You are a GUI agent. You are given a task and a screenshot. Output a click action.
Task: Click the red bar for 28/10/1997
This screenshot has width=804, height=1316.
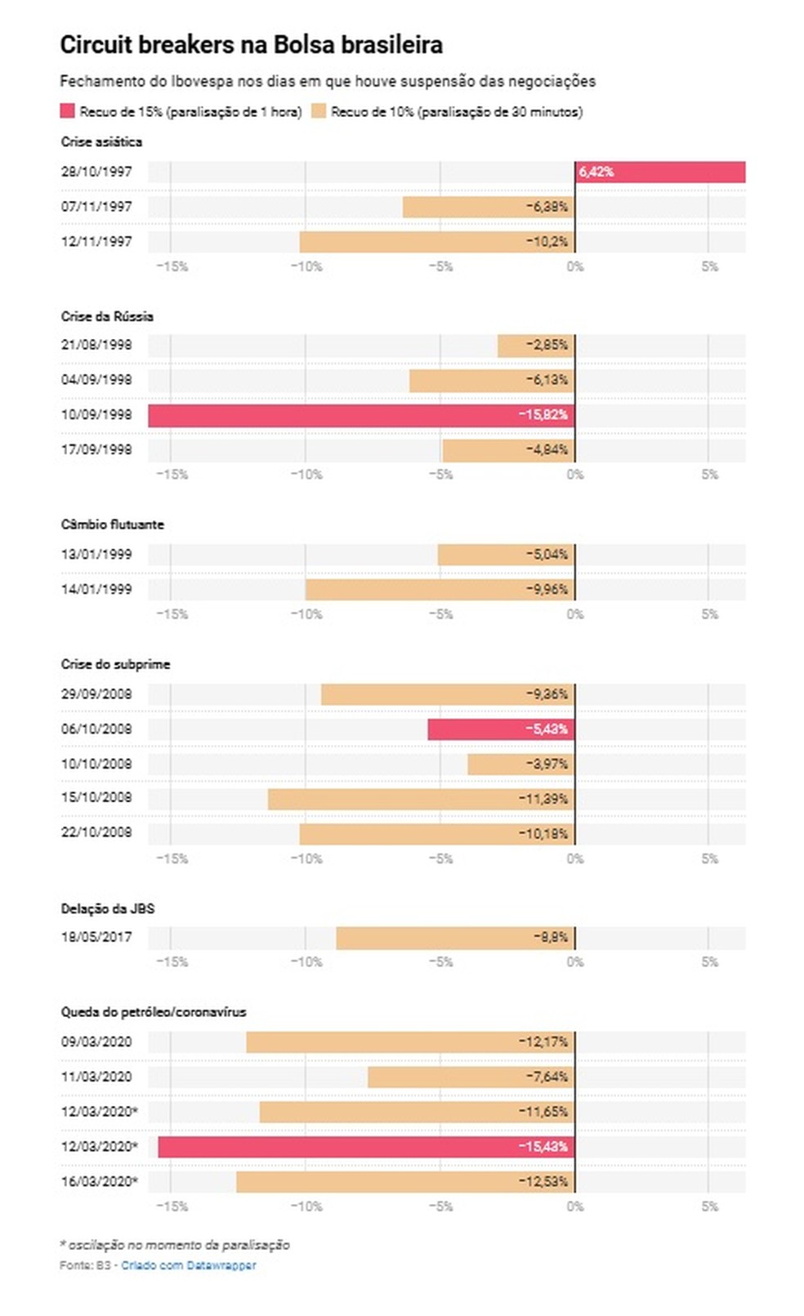[660, 172]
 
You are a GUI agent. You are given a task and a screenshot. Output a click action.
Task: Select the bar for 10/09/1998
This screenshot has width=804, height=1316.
[361, 415]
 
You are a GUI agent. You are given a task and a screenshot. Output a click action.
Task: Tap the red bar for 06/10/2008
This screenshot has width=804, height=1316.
[502, 729]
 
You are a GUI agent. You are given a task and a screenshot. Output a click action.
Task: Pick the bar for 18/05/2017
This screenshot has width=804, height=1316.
[455, 938]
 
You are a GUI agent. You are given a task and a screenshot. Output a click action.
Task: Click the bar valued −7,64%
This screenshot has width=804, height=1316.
[471, 1077]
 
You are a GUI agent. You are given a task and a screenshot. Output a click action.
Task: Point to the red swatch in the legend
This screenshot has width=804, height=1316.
[68, 111]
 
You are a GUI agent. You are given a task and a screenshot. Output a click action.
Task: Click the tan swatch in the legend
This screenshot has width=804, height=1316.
[319, 111]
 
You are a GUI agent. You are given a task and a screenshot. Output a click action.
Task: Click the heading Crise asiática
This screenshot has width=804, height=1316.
[101, 142]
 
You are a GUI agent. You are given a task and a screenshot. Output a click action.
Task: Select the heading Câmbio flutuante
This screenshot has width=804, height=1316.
[112, 524]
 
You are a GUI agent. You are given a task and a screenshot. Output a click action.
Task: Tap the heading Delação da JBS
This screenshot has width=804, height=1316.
[108, 909]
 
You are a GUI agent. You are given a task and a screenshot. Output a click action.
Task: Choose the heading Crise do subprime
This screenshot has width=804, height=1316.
[116, 664]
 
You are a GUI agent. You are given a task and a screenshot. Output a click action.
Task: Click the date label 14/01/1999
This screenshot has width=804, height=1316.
[96, 589]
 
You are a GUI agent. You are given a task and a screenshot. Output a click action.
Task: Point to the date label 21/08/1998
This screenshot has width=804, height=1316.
[96, 345]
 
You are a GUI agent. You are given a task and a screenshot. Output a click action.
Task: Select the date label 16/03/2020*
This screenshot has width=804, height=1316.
[100, 1181]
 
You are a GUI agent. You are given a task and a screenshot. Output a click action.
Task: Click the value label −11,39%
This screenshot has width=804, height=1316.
[543, 799]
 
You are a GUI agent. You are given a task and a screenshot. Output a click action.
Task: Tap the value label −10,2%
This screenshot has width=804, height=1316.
[547, 242]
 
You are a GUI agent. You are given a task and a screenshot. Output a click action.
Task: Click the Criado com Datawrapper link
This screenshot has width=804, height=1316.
[189, 1265]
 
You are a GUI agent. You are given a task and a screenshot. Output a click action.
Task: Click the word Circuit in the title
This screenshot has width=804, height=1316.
[96, 45]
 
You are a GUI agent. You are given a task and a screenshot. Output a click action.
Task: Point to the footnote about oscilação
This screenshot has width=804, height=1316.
[175, 1245]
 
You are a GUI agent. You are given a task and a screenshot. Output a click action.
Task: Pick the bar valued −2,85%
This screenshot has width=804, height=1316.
[537, 346]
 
